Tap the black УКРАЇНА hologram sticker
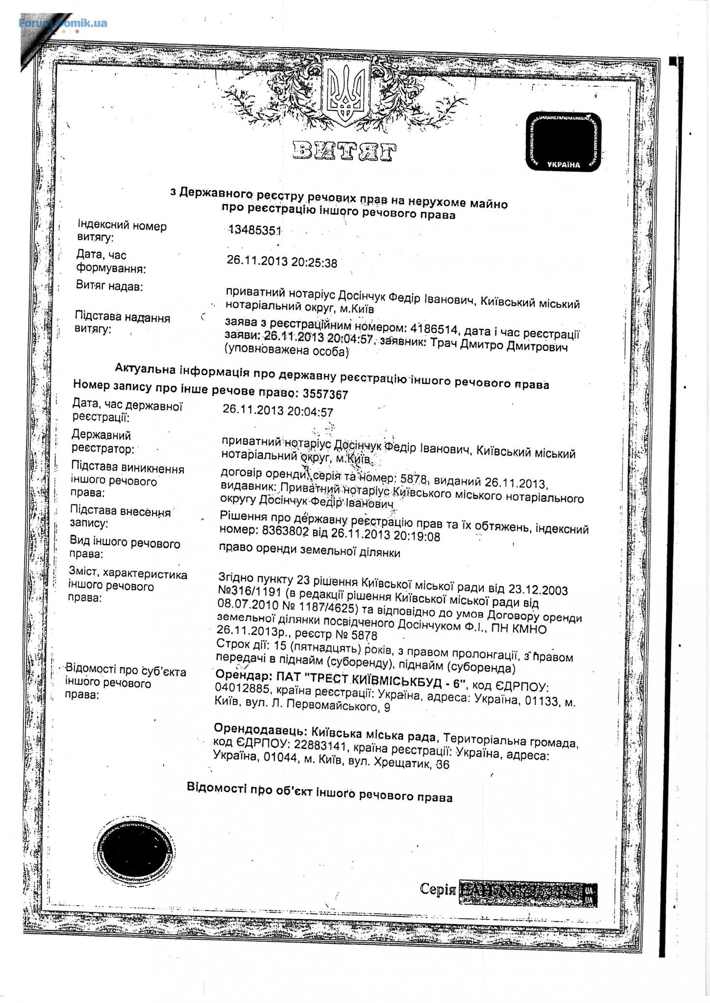pyautogui.click(x=563, y=142)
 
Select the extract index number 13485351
pyautogui.click(x=254, y=231)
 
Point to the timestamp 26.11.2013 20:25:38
pyautogui.click(x=282, y=263)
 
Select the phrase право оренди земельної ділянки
pyautogui.click(x=310, y=552)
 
